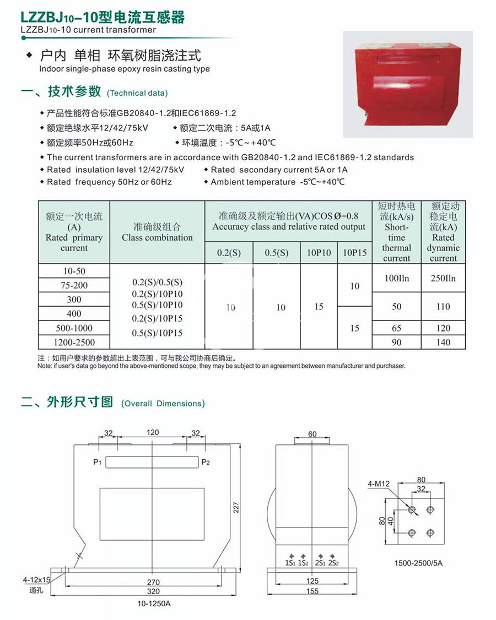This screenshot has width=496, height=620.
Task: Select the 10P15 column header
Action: pos(354,253)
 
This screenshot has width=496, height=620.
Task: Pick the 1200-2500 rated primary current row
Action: pos(74,342)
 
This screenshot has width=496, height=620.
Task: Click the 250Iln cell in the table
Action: pos(443,278)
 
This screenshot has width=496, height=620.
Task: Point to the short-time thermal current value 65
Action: pos(396,328)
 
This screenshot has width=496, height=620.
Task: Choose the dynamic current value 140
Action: pos(443,342)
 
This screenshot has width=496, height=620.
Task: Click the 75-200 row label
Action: pos(74,285)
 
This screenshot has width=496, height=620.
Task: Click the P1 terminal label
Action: pos(97,462)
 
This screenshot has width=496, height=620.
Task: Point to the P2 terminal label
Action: pos(206,462)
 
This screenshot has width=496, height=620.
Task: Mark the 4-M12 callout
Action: pos(379,484)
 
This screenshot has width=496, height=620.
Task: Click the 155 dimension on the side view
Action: pos(312,591)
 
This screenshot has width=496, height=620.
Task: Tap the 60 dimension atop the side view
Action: pos(312,434)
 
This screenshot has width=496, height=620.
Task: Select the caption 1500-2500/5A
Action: pos(418,563)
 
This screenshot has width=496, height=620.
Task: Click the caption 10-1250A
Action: pos(154,603)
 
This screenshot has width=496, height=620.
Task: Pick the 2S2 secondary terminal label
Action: pos(333,563)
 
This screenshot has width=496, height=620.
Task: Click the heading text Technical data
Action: pos(137,93)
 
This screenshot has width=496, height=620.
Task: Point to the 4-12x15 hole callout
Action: pos(37,580)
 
